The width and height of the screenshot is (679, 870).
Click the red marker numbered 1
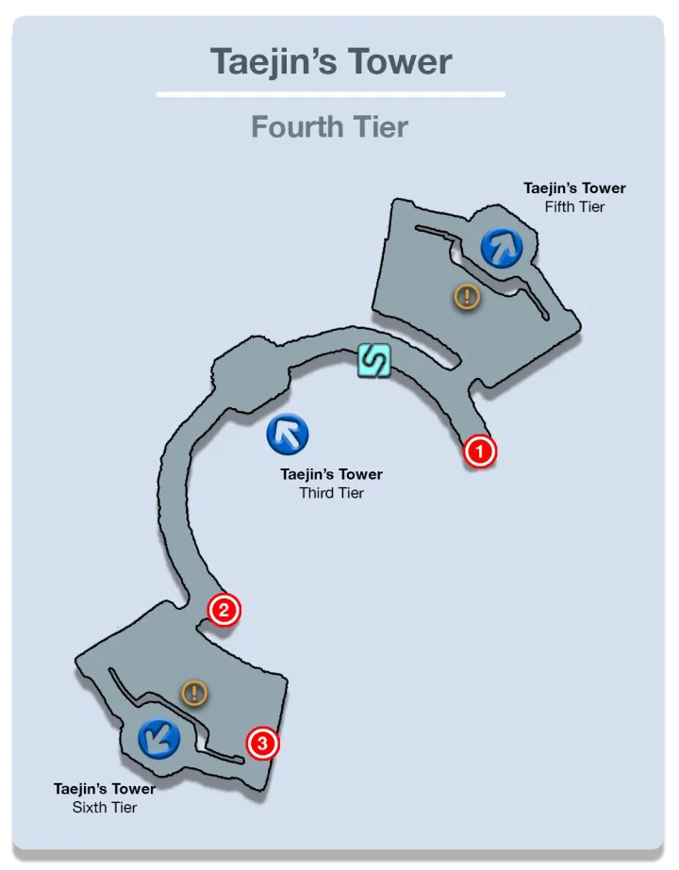(479, 451)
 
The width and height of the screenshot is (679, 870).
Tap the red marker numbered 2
(224, 610)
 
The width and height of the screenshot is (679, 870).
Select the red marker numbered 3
(263, 744)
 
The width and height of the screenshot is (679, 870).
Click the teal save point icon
(373, 361)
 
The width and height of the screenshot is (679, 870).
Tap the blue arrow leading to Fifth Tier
(501, 248)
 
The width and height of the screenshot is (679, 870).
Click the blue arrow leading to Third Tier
(288, 434)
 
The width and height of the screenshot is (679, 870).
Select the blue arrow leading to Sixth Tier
(158, 738)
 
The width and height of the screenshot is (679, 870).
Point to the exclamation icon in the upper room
(467, 297)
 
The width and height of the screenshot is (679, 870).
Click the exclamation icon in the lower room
(194, 694)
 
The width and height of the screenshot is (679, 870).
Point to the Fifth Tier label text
(574, 206)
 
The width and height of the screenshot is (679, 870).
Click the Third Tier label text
(331, 493)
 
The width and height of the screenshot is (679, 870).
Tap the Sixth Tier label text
(105, 807)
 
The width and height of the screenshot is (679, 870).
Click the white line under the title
(330, 94)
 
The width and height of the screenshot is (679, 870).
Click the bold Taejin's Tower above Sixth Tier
(105, 788)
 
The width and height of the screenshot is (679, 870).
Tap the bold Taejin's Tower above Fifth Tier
(574, 189)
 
